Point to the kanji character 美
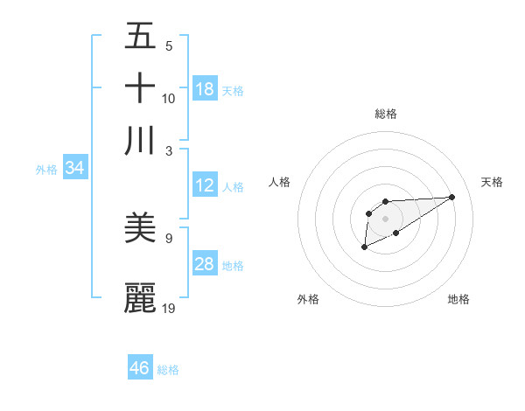140,229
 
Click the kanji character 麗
140,296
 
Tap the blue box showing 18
205,88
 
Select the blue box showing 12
205,185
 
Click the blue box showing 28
205,264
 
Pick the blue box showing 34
74,169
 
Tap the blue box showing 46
140,367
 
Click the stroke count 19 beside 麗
170,308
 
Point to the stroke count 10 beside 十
169,98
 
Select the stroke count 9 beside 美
168,237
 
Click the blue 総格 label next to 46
168,370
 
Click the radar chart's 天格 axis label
492,182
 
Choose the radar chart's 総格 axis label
386,114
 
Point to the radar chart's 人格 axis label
280,182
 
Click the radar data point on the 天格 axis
451,196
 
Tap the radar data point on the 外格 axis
364,248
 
